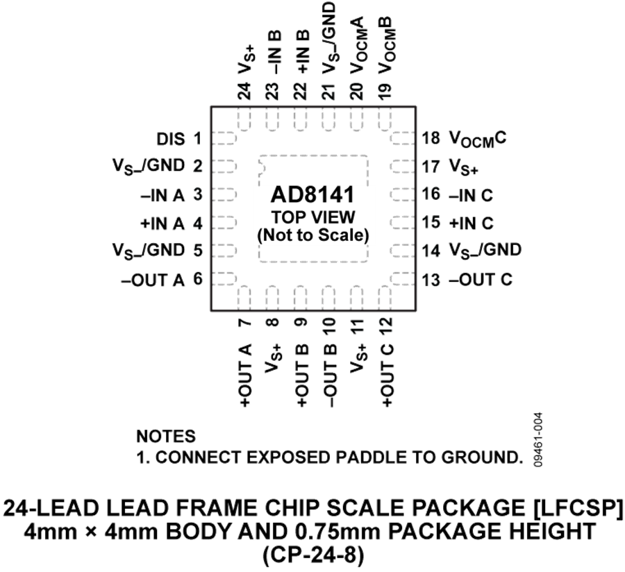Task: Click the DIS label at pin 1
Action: point(171,140)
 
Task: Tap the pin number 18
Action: point(431,138)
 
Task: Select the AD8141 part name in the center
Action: point(312,195)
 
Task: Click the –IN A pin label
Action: point(162,196)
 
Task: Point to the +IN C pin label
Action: point(471,223)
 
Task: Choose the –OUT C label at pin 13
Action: point(481,280)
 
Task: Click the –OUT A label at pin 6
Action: point(153,280)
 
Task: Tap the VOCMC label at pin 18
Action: point(478,140)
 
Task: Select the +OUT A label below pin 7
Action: point(245,375)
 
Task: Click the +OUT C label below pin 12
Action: point(387,375)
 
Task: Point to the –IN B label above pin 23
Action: point(274,52)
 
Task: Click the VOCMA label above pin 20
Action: point(357,45)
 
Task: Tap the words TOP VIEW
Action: point(313,217)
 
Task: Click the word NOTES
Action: point(166,437)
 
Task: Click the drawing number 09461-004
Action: point(538,439)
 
